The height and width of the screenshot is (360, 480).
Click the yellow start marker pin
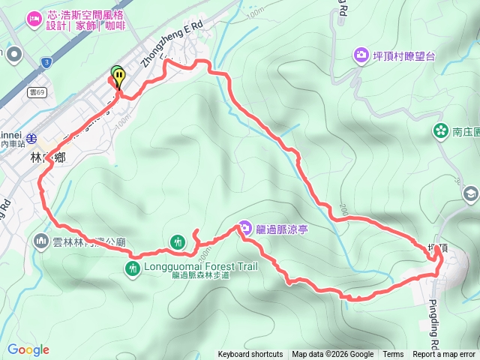click(119, 77)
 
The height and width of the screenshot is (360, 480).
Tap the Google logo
click(28, 349)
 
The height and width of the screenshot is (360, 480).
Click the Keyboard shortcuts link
click(250, 355)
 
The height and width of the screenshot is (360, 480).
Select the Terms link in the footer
click(393, 355)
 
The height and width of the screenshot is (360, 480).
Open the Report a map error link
click(444, 355)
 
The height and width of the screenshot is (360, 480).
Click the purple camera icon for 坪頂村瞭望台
click(361, 54)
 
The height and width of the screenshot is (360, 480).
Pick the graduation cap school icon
click(471, 193)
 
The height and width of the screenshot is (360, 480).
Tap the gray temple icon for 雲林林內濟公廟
click(40, 241)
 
